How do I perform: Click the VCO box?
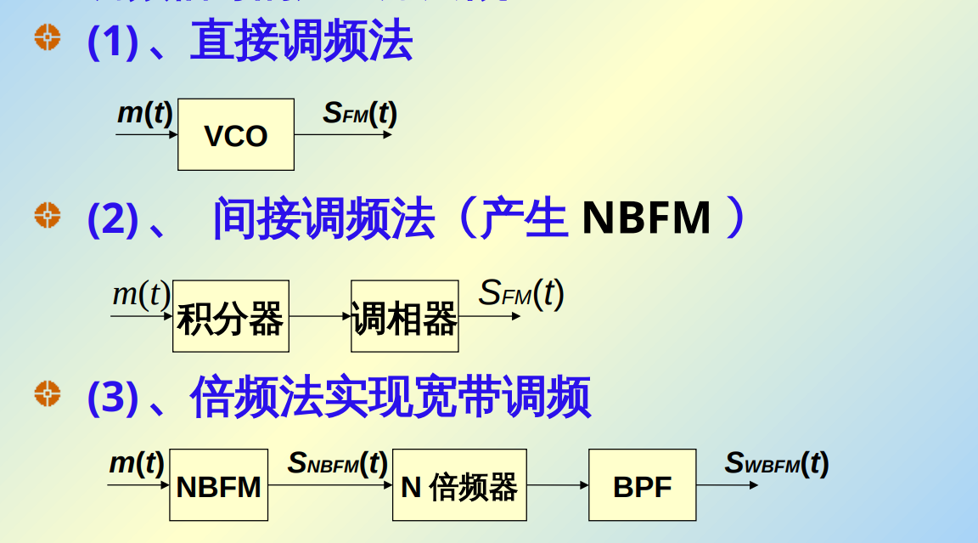235,134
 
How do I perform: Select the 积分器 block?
230,316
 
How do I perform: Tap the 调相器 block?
404,316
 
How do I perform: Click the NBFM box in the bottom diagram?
218,485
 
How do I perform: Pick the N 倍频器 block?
458,485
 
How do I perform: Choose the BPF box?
642,485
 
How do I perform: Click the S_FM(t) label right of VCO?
359,114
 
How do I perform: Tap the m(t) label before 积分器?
141,294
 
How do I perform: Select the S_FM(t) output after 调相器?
521,294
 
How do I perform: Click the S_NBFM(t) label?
337,464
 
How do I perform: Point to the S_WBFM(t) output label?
776,464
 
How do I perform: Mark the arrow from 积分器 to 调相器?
319,316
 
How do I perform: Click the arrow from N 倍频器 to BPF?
557,485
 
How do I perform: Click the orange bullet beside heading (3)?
48,393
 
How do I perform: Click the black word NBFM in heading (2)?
646,218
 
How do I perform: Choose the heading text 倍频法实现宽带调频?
390,397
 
